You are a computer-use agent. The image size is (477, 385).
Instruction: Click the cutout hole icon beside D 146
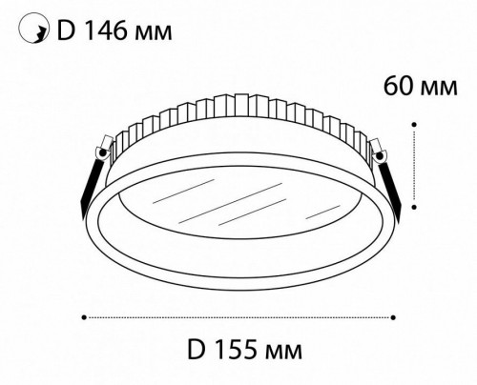click(x=34, y=33)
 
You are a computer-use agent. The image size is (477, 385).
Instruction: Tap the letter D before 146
click(x=68, y=33)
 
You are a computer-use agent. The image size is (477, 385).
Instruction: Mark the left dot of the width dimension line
click(x=84, y=314)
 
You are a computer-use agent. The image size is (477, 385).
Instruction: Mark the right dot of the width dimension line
click(x=395, y=314)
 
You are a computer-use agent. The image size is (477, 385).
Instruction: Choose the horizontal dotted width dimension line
click(x=238, y=314)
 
